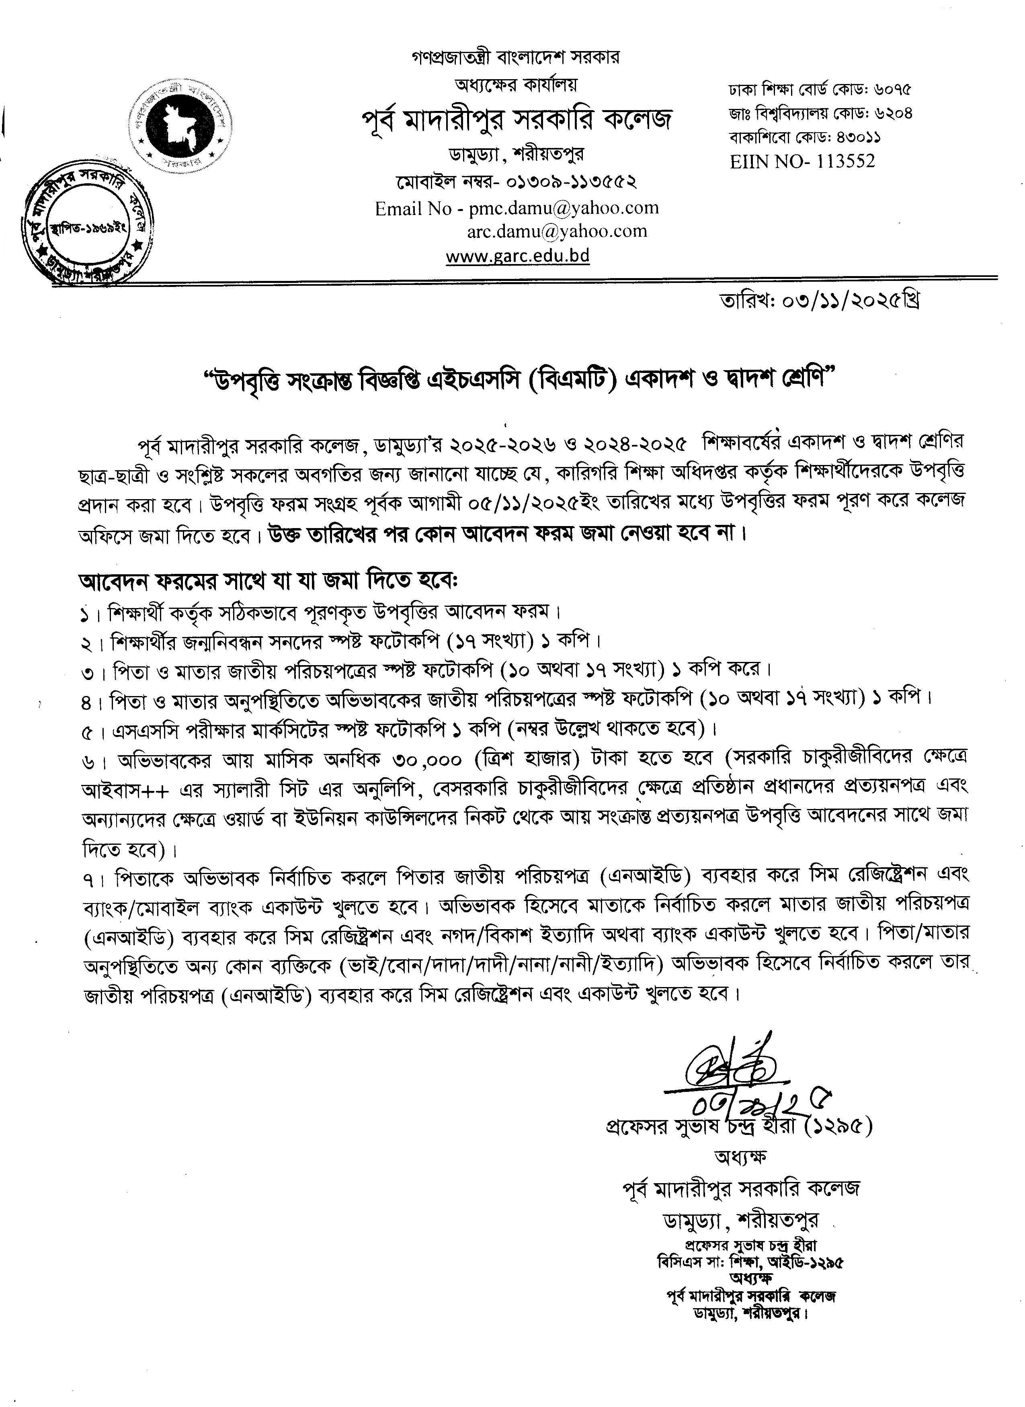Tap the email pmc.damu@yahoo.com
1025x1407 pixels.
(564, 209)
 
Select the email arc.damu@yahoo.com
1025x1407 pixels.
(557, 231)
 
